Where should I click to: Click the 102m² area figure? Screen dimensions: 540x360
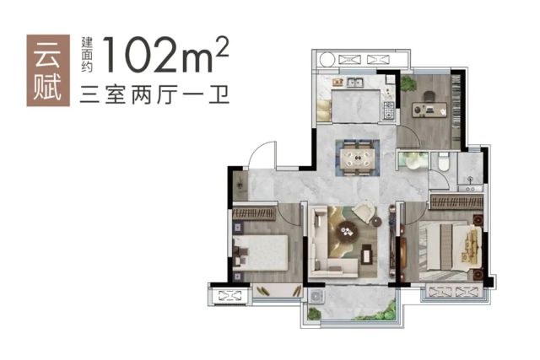point(165,54)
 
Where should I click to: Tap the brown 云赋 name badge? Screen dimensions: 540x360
point(48,70)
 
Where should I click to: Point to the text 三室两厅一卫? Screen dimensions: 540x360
point(154,94)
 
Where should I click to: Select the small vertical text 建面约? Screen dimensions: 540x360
point(87,54)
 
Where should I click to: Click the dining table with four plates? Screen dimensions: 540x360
point(358,158)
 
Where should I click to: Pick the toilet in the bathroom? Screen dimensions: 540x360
point(444,161)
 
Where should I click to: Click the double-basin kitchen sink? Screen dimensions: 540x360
point(354,83)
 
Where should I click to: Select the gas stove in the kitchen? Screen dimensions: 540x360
point(389,110)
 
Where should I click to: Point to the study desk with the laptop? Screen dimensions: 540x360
point(429,110)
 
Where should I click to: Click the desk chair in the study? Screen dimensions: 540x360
point(429,96)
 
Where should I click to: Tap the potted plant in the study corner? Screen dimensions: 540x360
point(408,83)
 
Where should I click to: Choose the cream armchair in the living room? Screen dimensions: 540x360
point(364,212)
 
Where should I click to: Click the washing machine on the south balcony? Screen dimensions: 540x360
point(315,296)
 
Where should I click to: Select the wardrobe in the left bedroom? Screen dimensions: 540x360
point(255,212)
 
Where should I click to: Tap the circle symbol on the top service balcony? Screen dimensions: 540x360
point(327,59)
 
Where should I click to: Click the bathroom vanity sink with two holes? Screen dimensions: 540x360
point(470,188)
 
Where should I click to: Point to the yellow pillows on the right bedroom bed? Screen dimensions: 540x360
point(471,245)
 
